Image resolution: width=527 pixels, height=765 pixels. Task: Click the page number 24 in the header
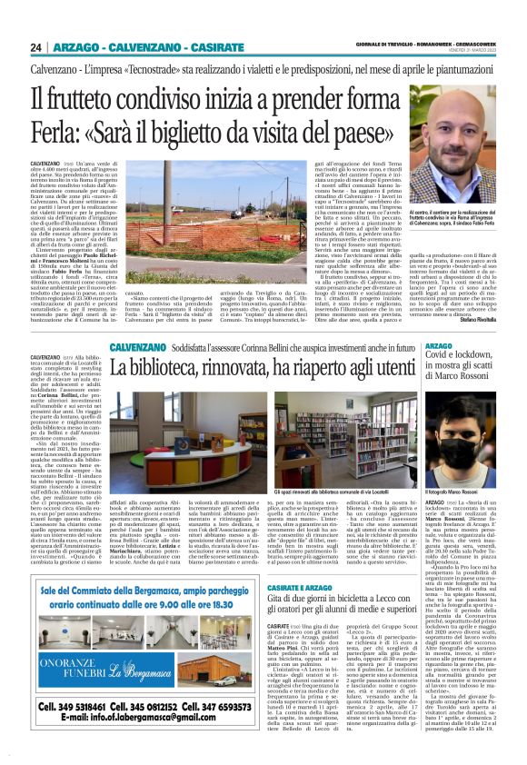tap(36, 46)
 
